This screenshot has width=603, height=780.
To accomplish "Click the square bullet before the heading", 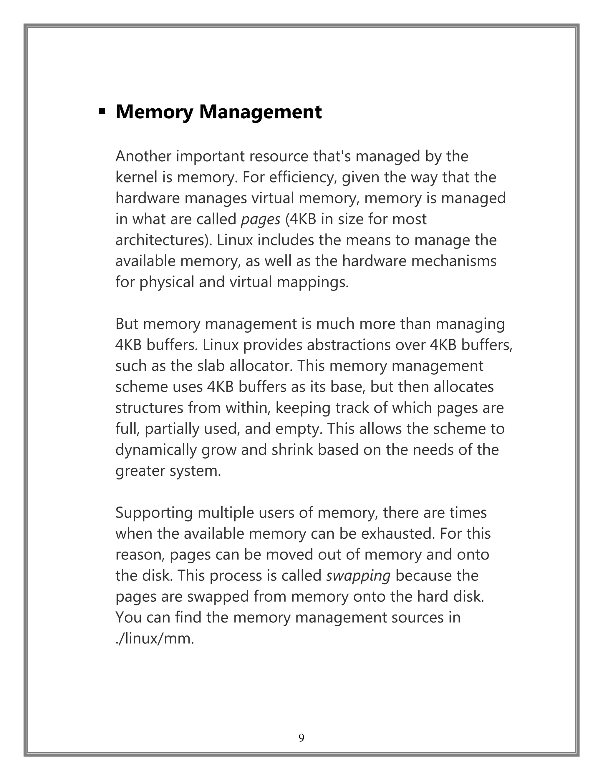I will [x=102, y=112].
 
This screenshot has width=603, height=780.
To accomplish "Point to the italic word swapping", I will [x=358, y=576].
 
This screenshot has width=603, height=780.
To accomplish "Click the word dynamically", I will [x=156, y=450].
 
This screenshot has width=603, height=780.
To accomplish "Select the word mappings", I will [x=313, y=283].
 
